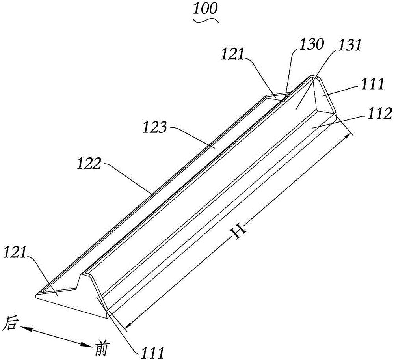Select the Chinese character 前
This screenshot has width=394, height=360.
coord(102,348)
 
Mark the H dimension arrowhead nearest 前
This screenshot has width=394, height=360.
coord(129,325)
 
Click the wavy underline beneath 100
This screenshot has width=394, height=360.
coord(207,20)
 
